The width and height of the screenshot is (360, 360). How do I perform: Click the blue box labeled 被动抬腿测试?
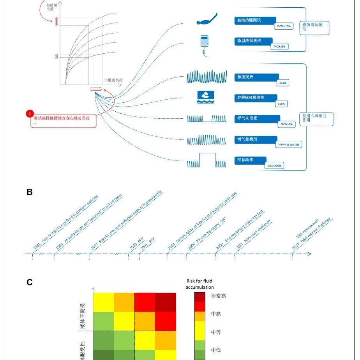[255, 20]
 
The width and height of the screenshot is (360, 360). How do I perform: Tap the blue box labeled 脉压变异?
[256, 77]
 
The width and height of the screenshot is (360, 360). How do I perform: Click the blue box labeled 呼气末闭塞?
[257, 118]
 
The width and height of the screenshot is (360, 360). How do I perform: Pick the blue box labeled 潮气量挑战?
[256, 139]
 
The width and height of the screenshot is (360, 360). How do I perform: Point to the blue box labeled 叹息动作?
[251, 160]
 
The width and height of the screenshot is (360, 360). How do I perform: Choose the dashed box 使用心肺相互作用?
[317, 118]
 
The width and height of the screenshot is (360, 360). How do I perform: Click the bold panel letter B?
[30, 192]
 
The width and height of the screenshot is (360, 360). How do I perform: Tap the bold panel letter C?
[30, 283]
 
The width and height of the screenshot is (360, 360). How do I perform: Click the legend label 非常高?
[218, 296]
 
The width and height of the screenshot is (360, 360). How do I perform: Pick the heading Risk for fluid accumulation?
[199, 284]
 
